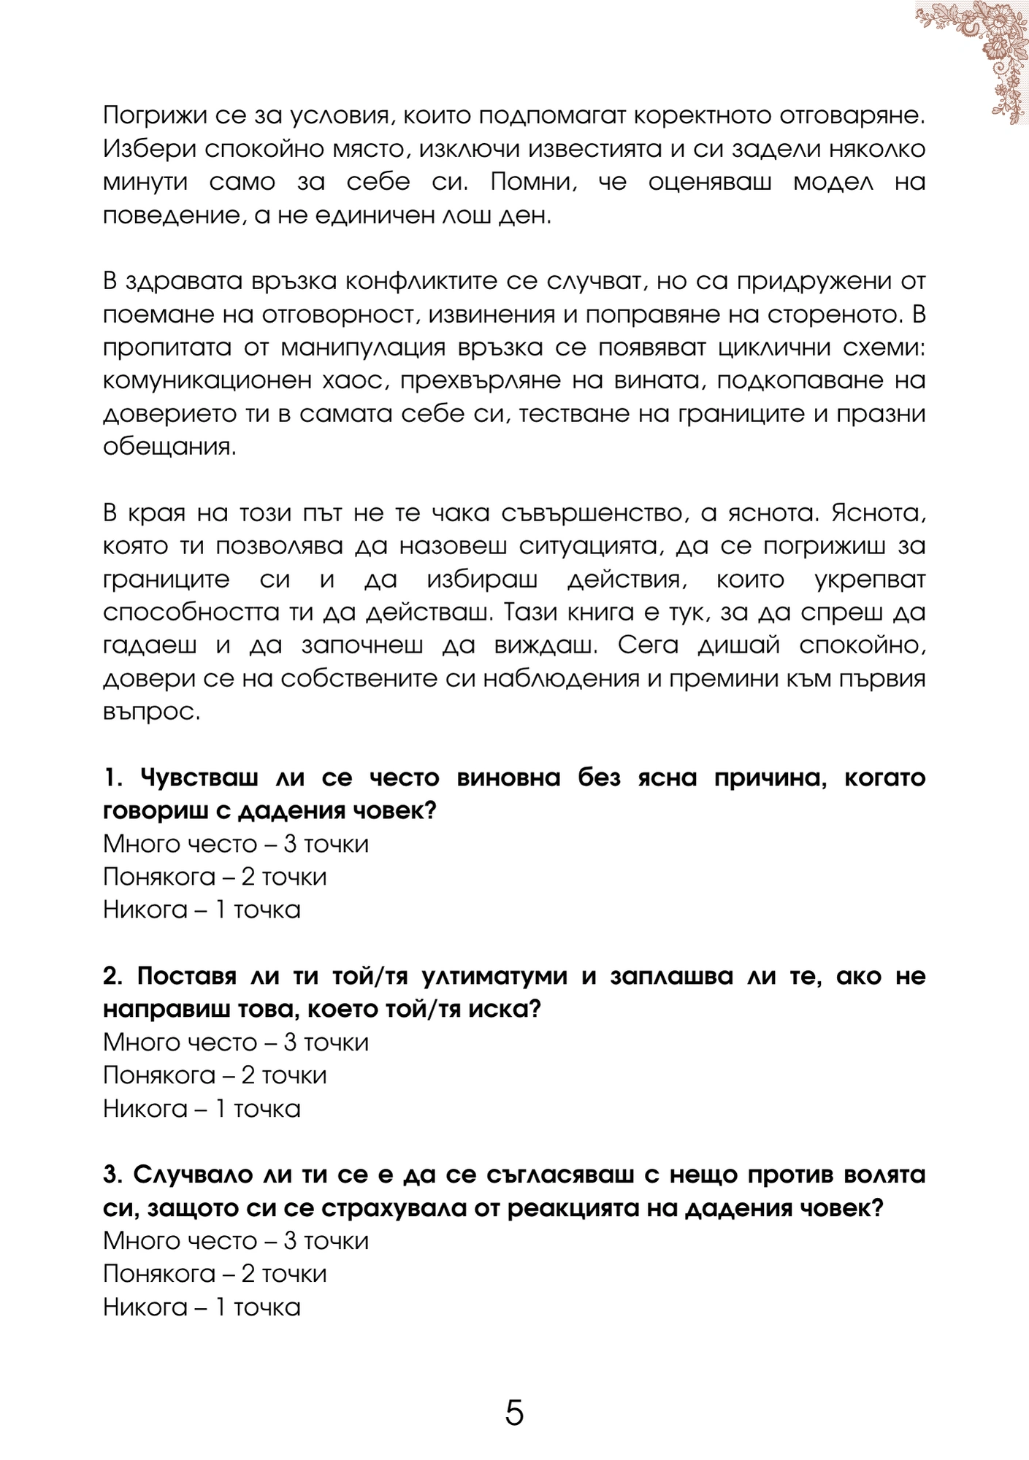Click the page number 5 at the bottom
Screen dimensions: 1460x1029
[x=514, y=1413]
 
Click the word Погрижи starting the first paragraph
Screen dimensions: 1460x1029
[x=150, y=116]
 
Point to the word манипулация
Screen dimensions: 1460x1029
[x=363, y=347]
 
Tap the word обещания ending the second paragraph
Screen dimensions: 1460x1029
[x=169, y=447]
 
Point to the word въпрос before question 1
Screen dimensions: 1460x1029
[x=151, y=712]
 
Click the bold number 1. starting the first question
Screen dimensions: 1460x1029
[x=113, y=778]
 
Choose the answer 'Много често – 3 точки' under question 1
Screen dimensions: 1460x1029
[x=236, y=844]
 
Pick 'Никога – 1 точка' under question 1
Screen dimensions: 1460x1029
[x=202, y=910]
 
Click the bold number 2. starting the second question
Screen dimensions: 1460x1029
[x=113, y=977]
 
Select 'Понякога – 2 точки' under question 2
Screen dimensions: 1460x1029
[x=215, y=1075]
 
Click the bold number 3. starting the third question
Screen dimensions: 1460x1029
[x=113, y=1175]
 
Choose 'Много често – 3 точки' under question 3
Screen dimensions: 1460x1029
[x=236, y=1241]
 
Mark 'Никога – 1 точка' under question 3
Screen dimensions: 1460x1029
[x=202, y=1307]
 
